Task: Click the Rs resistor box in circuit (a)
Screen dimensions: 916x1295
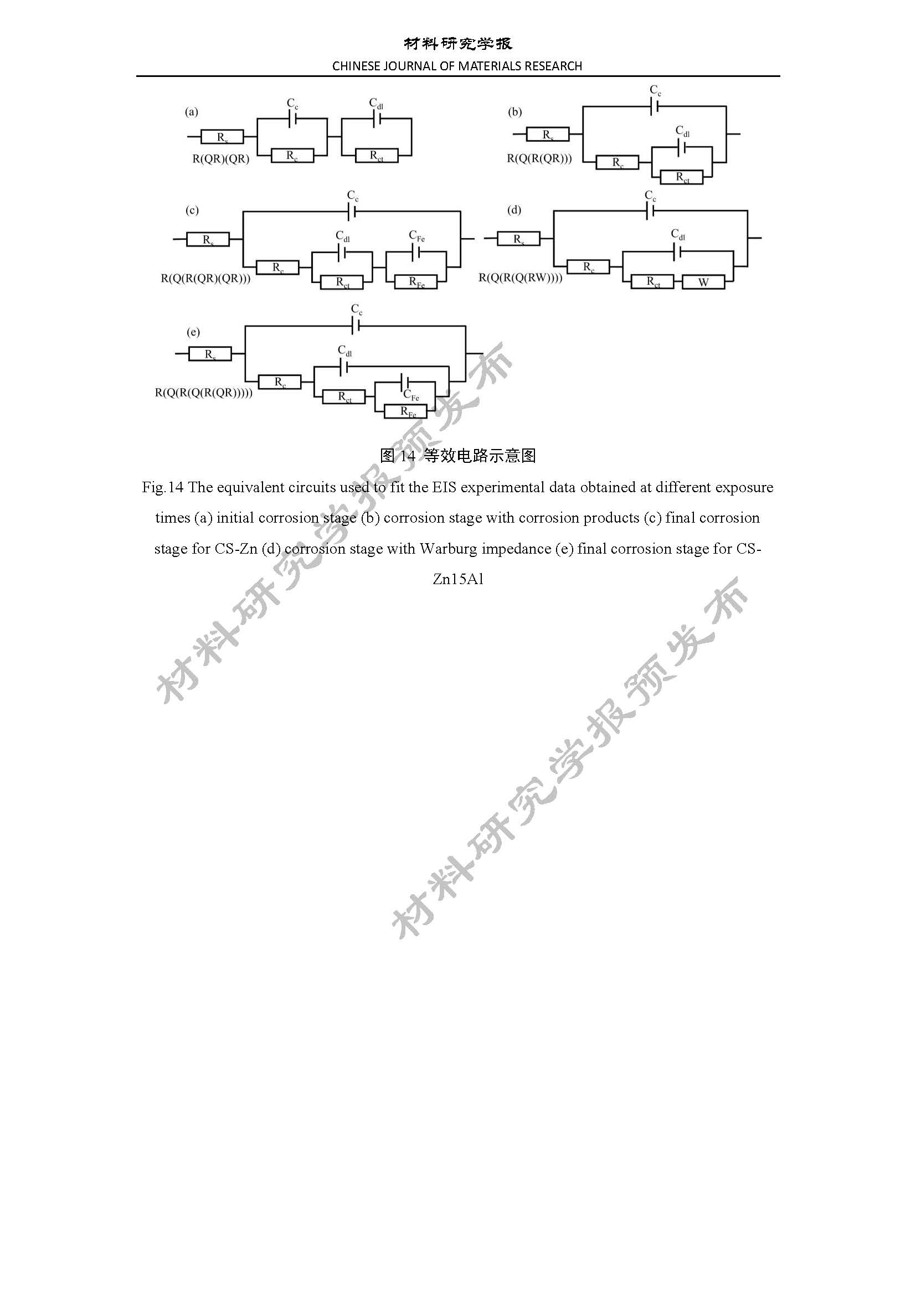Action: (222, 137)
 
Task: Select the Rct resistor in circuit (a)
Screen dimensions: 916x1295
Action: (377, 155)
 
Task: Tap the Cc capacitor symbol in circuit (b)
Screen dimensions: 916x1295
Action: (655, 106)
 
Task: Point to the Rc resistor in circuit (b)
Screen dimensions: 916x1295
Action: (617, 162)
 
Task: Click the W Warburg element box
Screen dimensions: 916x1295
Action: (703, 282)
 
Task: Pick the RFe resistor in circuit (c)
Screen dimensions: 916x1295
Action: (416, 282)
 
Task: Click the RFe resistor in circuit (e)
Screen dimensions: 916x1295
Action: (405, 411)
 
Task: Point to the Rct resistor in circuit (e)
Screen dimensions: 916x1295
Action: (344, 396)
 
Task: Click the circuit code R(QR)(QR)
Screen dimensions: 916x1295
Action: (221, 158)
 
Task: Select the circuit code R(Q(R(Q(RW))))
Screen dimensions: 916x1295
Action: (521, 277)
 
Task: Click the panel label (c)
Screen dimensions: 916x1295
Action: (192, 210)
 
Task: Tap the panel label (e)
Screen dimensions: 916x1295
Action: (193, 332)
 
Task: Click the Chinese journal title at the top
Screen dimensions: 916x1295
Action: (458, 43)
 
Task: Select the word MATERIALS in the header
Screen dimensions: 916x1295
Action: (490, 66)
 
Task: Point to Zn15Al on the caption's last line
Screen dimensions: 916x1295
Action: (458, 579)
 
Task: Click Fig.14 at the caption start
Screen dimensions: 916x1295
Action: (163, 487)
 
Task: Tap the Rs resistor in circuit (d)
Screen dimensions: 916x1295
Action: (518, 239)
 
